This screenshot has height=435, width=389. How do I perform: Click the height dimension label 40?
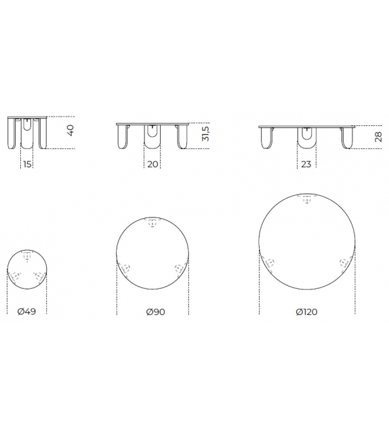point(71,130)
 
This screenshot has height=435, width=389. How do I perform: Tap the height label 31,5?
point(206,133)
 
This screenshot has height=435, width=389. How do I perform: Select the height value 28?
point(378,137)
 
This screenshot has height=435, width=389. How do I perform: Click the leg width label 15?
point(27,164)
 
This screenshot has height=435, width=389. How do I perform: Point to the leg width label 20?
point(152,164)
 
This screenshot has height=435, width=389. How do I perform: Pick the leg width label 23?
point(306,164)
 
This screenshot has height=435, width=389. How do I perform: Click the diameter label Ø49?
point(26,311)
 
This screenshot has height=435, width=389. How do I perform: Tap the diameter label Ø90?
point(155,312)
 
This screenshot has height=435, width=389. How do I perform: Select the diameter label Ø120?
point(306,312)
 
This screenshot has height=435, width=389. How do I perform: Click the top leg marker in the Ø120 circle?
point(306,199)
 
